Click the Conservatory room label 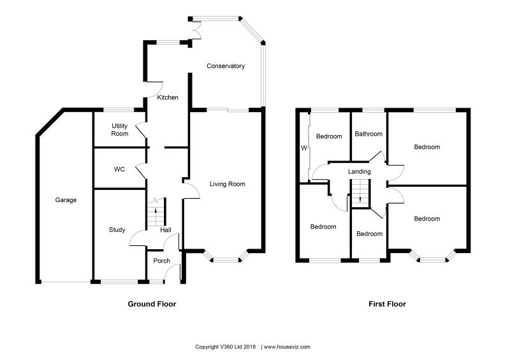[x=225, y=66]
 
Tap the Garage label [x=66, y=200]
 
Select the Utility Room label [x=120, y=129]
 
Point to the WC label [x=119, y=170]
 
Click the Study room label [x=117, y=230]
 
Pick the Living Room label [x=228, y=184]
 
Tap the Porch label [x=162, y=261]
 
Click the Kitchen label [x=168, y=97]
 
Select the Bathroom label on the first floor [x=368, y=134]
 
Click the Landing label [x=360, y=172]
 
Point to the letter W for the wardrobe [x=304, y=148]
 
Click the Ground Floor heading [x=152, y=305]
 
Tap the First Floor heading [x=387, y=305]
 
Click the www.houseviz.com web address [x=287, y=347]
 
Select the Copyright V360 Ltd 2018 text [x=225, y=347]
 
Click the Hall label [x=166, y=231]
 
